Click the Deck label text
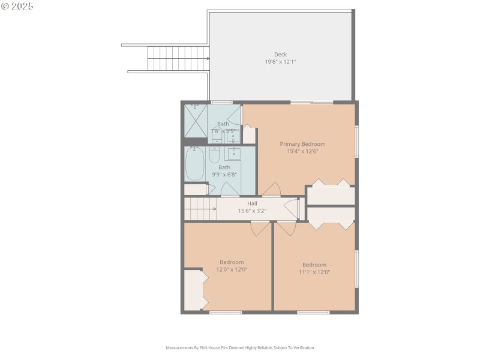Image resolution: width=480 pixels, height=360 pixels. point(280,55)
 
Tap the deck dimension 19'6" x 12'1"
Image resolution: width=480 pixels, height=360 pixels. point(280,62)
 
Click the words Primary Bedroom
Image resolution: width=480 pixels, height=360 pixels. point(302,144)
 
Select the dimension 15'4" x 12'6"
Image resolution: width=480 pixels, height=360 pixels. point(302,151)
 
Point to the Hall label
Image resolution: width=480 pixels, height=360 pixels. point(252,203)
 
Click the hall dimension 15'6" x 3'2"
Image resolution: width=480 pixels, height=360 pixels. point(252,211)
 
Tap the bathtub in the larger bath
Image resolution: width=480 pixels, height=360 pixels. point(195,164)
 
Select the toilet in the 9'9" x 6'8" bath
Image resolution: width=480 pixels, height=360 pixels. point(214,156)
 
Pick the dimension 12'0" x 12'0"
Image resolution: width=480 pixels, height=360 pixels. point(232,269)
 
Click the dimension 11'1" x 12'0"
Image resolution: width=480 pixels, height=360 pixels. point(314,272)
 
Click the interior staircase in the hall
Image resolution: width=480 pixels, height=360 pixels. point(200,209)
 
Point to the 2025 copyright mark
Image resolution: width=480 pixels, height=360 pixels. point(17,6)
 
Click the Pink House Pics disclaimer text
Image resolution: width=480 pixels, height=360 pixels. point(240,347)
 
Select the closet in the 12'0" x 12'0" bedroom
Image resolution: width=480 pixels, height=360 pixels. point(194,290)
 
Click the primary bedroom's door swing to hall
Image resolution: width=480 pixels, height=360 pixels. point(271,189)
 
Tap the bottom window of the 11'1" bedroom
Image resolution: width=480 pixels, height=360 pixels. point(313,312)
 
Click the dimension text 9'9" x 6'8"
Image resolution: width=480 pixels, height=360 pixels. point(224,175)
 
